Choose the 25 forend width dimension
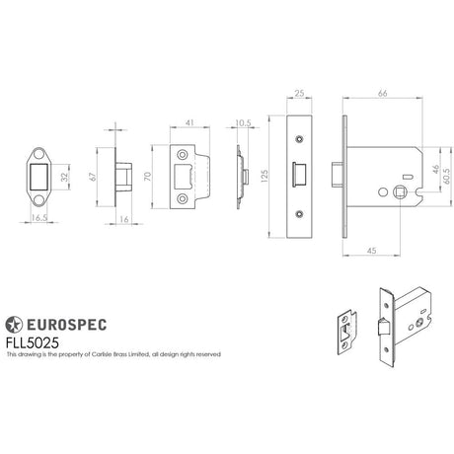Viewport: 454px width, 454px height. click(x=298, y=95)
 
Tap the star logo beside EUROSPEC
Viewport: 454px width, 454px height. click(x=15, y=324)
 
